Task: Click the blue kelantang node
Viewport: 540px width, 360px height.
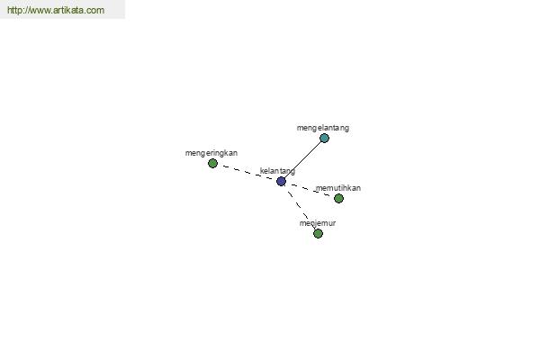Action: tap(281, 181)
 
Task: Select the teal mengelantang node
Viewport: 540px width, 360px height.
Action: tap(324, 138)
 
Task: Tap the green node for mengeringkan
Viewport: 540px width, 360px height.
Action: tap(212, 163)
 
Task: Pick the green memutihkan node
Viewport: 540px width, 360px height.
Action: tap(338, 198)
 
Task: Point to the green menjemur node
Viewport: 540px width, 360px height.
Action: tap(318, 234)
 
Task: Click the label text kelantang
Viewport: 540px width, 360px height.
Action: tap(277, 171)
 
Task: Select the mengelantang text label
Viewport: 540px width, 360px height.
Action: tap(323, 128)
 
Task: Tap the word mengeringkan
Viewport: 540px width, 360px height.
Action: tap(211, 153)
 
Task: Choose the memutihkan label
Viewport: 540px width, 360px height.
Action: tap(338, 188)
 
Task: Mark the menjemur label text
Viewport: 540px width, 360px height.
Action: tap(318, 223)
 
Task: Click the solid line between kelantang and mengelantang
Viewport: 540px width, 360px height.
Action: tap(302, 160)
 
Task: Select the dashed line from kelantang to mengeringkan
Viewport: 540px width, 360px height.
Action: tap(247, 172)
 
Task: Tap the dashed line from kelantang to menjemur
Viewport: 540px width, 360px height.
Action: tap(300, 207)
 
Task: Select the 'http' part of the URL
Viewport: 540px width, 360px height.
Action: tap(13, 10)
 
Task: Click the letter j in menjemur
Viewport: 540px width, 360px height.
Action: tap(313, 224)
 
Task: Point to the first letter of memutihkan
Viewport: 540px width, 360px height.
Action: tap(319, 189)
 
